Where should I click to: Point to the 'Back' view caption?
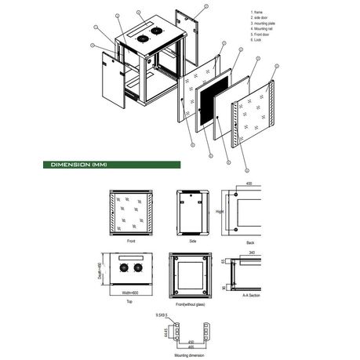pos(250,244)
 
